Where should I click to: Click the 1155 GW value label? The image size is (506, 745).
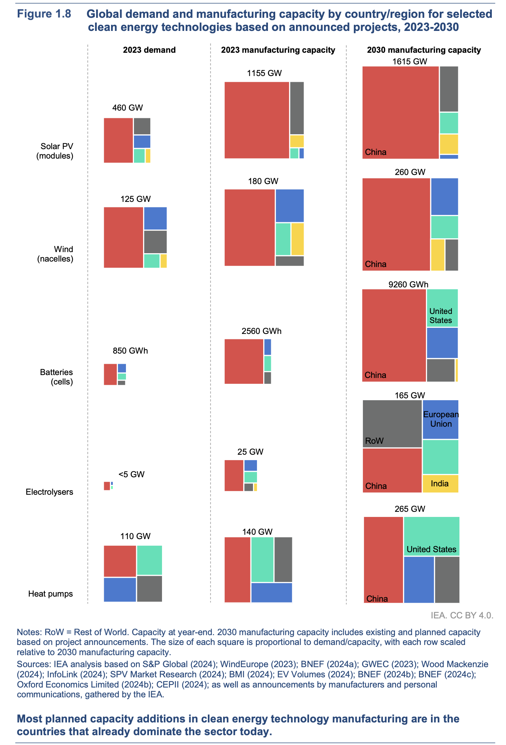[264, 73]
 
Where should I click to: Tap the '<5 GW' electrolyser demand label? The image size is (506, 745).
[131, 474]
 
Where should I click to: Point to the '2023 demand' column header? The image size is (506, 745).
[149, 50]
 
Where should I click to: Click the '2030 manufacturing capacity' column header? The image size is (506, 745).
[424, 50]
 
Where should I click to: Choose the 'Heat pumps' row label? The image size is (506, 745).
[51, 594]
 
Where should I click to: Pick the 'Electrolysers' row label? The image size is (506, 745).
[50, 492]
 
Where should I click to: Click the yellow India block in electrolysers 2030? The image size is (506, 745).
[440, 484]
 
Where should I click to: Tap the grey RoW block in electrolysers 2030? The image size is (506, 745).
[392, 423]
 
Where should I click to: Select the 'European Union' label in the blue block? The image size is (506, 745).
[441, 419]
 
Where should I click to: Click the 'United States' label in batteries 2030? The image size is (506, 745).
[440, 316]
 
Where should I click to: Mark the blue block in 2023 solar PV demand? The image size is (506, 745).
[142, 142]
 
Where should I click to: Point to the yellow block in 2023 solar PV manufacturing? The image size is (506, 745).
[297, 141]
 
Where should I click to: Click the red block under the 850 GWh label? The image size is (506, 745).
[110, 374]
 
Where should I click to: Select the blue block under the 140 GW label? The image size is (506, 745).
[272, 593]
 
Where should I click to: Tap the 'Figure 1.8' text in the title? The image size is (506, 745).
[44, 15]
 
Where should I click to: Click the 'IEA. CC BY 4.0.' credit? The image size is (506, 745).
[462, 615]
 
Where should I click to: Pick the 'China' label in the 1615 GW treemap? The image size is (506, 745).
[376, 152]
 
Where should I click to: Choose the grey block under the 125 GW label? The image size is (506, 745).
[155, 242]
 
